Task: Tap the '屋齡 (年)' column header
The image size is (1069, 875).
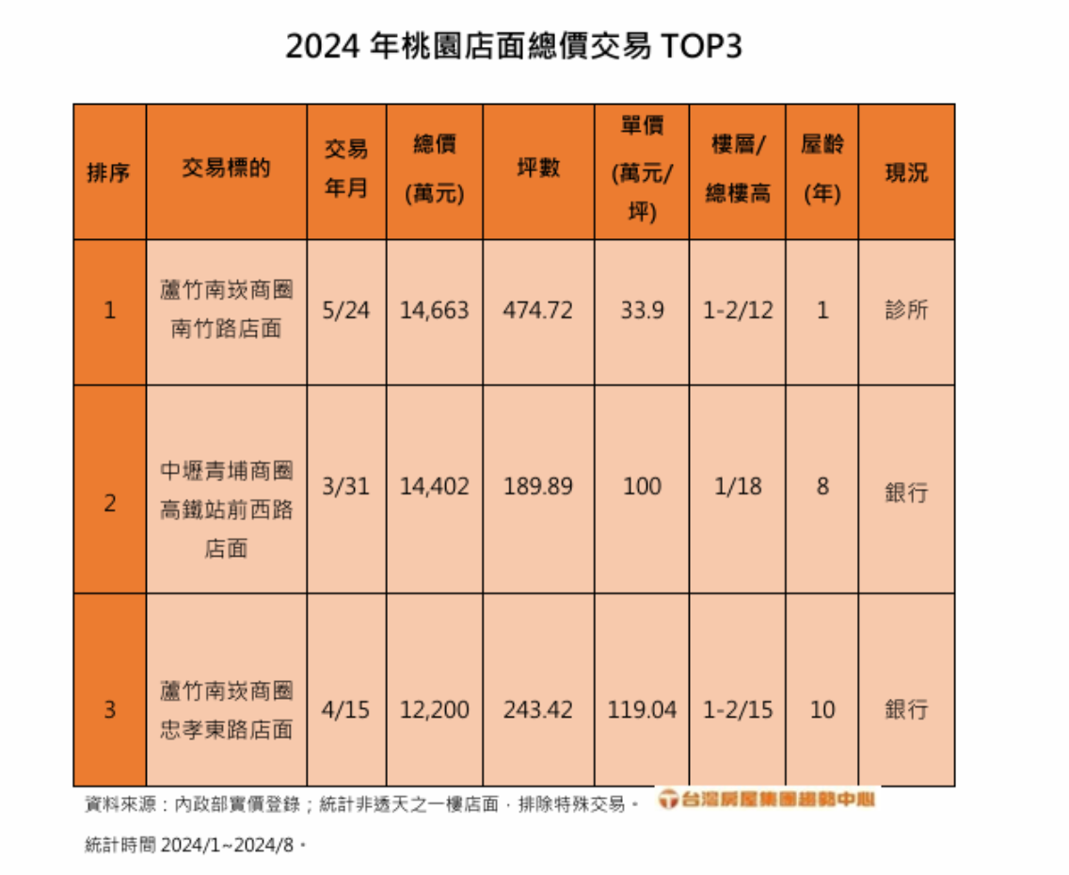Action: point(822,170)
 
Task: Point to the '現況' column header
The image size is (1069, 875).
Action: point(905,172)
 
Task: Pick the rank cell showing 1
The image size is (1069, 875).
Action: point(110,311)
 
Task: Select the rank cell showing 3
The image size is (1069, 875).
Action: point(110,708)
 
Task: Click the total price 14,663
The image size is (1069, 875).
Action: point(434,311)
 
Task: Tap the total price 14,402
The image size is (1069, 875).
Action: point(434,487)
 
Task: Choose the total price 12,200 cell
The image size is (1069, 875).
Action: point(434,708)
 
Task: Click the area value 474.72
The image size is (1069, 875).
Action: point(538,311)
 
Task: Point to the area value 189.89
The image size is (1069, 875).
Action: point(538,487)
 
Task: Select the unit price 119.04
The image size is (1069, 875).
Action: point(642,708)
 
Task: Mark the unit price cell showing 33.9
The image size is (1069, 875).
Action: point(642,311)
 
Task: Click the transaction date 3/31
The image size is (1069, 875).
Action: point(346,487)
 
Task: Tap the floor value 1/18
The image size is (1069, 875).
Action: point(738,487)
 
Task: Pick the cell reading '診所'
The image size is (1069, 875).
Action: point(905,311)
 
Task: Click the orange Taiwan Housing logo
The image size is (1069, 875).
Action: point(766,801)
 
